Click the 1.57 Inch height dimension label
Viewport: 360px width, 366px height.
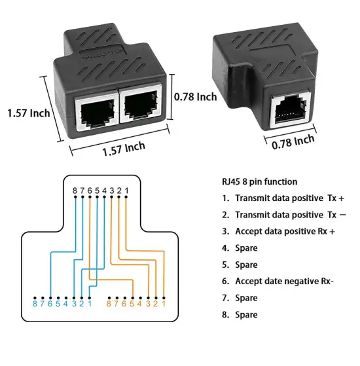coord(28,113)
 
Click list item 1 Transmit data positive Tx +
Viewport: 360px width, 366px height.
coord(282,198)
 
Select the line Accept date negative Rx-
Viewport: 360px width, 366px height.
coord(278,281)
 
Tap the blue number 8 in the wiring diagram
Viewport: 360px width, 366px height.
coord(35,303)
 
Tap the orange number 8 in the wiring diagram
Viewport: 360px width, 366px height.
coord(109,303)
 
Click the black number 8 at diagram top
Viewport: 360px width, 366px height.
coord(75,191)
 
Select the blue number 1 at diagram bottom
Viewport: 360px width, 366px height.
coord(88,303)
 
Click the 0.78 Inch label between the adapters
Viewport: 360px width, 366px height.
coord(195,96)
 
